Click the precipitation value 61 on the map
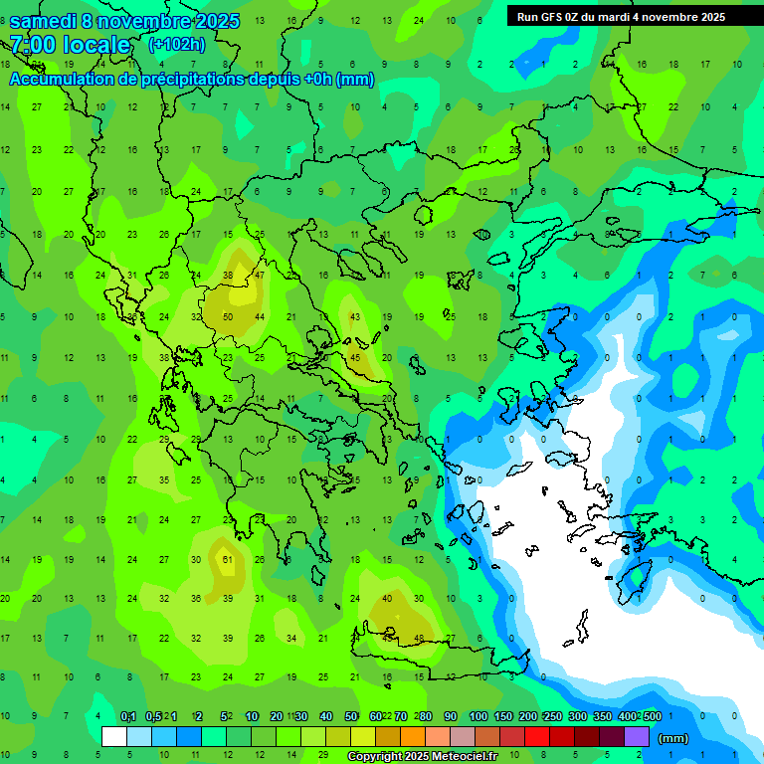click(228, 559)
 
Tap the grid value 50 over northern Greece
click(228, 317)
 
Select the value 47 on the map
click(260, 275)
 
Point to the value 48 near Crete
click(419, 639)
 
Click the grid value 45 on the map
click(355, 358)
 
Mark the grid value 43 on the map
click(355, 317)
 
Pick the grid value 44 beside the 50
click(260, 317)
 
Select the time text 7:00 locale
click(69, 45)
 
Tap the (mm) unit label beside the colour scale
click(673, 738)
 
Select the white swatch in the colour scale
click(114, 737)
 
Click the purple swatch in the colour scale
click(637, 737)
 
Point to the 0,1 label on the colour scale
click(128, 716)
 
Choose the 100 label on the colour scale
click(477, 716)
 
